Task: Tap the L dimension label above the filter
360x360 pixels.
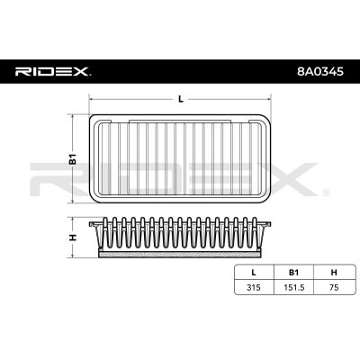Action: coord(180,99)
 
